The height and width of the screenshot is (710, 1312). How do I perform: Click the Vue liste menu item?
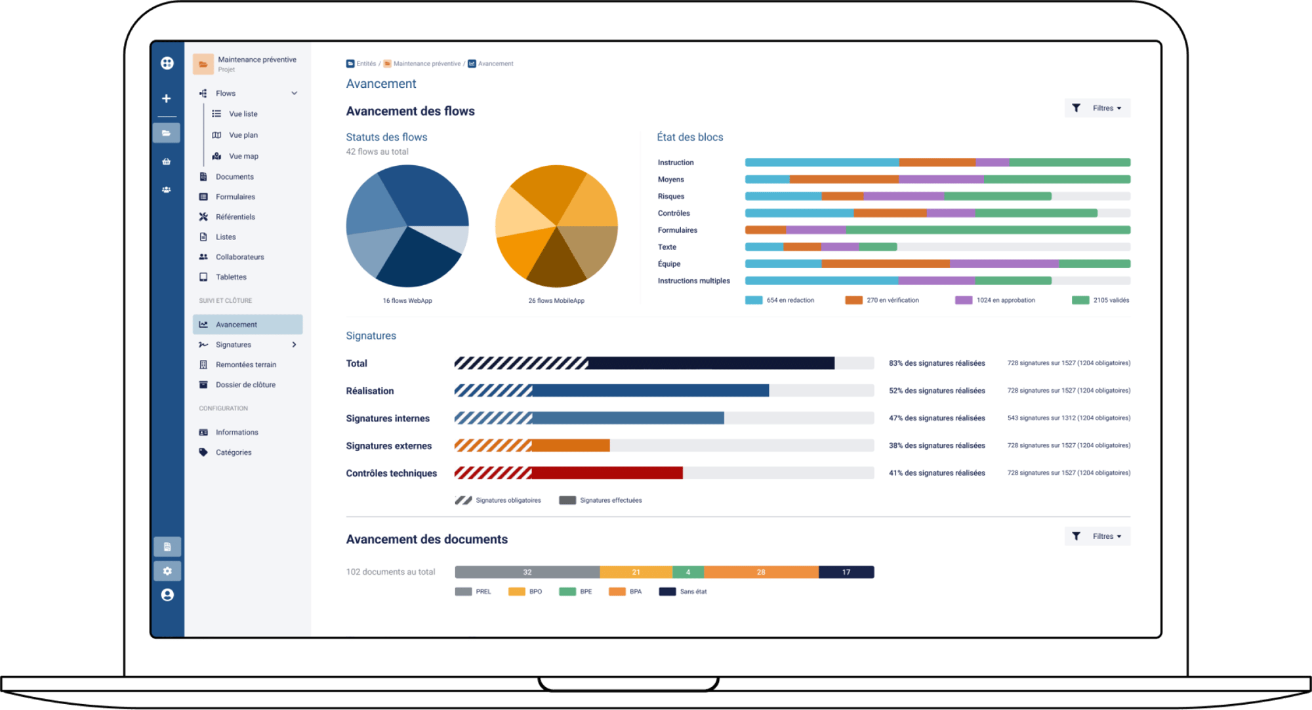click(x=243, y=114)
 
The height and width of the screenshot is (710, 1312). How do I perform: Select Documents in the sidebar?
click(x=234, y=177)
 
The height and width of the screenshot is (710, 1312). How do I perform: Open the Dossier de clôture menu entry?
click(x=245, y=385)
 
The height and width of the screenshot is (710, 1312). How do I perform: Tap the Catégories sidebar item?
click(x=233, y=452)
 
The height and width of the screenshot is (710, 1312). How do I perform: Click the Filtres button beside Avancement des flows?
click(x=1097, y=108)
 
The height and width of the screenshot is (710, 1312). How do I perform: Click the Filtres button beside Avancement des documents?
click(x=1097, y=536)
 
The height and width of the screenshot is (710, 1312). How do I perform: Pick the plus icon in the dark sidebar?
click(x=167, y=98)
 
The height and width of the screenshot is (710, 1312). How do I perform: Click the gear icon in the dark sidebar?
click(x=167, y=571)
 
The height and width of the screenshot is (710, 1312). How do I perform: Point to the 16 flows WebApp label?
click(x=407, y=301)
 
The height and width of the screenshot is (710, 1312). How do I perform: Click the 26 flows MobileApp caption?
click(x=556, y=301)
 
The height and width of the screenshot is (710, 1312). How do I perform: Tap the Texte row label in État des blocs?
click(x=667, y=247)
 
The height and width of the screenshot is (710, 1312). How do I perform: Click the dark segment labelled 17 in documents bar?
click(x=846, y=572)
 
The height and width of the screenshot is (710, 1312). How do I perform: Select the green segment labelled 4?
click(x=688, y=572)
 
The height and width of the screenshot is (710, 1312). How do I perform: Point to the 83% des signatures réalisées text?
click(x=937, y=363)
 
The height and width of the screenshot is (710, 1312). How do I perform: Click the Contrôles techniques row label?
click(x=392, y=473)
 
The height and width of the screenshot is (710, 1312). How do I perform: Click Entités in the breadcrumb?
click(x=366, y=64)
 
